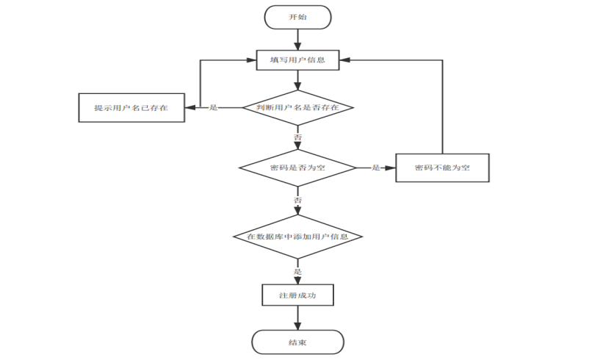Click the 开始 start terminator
pyautogui.click(x=297, y=18)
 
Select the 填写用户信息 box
pyautogui.click(x=297, y=60)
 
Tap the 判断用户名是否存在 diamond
pyautogui.click(x=297, y=108)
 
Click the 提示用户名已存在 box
pyautogui.click(x=131, y=108)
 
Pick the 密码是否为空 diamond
pyautogui.click(x=297, y=168)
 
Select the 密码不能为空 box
pyautogui.click(x=442, y=168)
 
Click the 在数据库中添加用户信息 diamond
pyautogui.click(x=297, y=237)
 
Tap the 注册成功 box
pyautogui.click(x=297, y=295)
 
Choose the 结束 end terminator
pyautogui.click(x=297, y=342)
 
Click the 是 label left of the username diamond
pyautogui.click(x=214, y=108)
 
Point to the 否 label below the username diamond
pyautogui.click(x=297, y=137)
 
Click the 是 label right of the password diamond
pyautogui.click(x=376, y=168)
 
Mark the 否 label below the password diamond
pyautogui.click(x=297, y=200)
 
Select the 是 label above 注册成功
pyautogui.click(x=297, y=272)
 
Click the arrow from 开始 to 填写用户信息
pyautogui.click(x=297, y=40)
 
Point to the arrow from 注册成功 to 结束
pyautogui.click(x=297, y=318)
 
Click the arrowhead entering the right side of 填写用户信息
pyautogui.click(x=344, y=60)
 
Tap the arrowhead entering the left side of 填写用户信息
pyautogui.click(x=251, y=60)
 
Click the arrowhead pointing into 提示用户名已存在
pyautogui.click(x=190, y=108)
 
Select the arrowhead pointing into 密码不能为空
pyautogui.click(x=390, y=168)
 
